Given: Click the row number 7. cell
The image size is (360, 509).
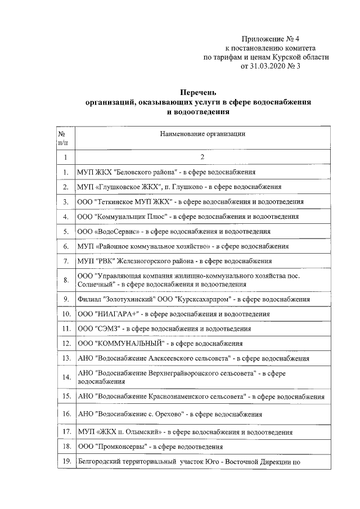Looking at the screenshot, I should pos(66,261).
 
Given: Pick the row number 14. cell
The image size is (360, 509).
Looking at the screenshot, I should pos(66,376).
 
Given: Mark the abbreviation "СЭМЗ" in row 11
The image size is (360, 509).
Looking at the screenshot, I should pos(111,328).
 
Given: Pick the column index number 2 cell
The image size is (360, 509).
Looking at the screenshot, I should pos(202,157).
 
